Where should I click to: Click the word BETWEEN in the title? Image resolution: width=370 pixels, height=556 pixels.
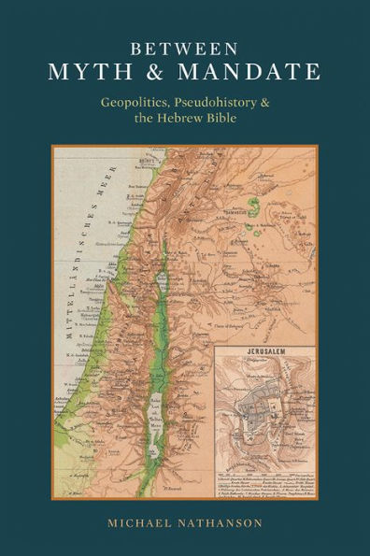click(185, 47)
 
